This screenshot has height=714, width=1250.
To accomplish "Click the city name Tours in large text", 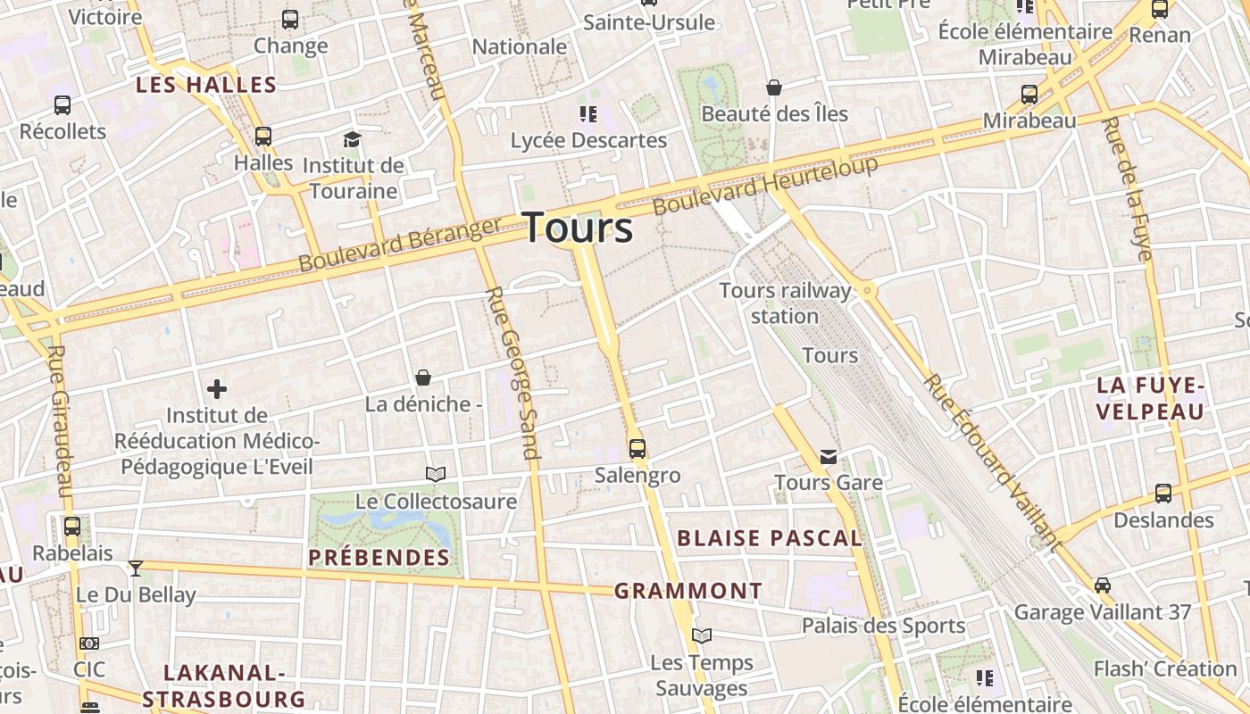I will coord(578,228).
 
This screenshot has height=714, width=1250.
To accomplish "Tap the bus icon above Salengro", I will coord(637,448).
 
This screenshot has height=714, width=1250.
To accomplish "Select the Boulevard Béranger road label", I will coord(399,245).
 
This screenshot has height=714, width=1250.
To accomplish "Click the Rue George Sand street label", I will coord(512,372).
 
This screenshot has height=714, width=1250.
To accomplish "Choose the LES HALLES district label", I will coord(205,86).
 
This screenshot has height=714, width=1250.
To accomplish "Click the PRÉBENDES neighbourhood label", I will coord(379,558).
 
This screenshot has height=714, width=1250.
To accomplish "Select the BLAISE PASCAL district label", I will coord(770,538).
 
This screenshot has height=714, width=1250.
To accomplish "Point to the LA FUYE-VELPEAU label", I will coord(1150,398).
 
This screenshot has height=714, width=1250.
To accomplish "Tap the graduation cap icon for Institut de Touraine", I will coord(352,140).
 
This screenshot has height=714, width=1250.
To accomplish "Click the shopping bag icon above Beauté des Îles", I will coord(774,87).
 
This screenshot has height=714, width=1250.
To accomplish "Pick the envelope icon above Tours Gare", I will coord(829,457).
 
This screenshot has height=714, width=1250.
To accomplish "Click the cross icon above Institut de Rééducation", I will coord(216,389).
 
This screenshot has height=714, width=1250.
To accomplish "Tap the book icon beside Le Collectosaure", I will coord(436,474).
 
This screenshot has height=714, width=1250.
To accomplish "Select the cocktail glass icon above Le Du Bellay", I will coord(135,568).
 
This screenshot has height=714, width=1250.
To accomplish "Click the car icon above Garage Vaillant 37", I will coord(1103,585).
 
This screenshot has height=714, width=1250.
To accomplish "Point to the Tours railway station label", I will coord(785,303).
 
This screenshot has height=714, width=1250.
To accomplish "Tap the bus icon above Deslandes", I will coord(1162,493).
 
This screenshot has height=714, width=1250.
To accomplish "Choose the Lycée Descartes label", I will coord(588,140).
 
